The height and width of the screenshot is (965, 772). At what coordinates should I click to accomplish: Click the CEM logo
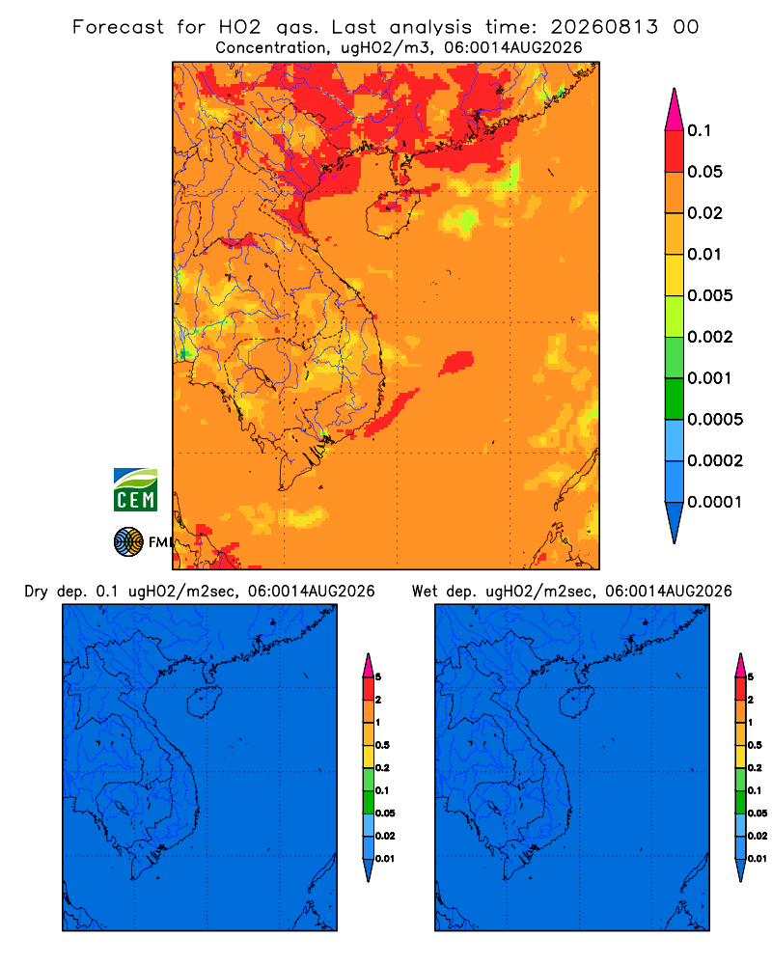[x=135, y=490]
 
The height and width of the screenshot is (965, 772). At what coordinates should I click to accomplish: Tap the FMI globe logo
[x=128, y=542]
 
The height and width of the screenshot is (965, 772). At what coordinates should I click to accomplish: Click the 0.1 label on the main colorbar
[x=700, y=130]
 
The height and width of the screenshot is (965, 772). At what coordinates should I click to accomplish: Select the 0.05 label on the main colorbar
[x=704, y=172]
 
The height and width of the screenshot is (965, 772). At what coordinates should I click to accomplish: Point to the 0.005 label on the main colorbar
[x=710, y=295]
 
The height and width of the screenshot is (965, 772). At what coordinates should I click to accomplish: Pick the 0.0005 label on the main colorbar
[x=715, y=420]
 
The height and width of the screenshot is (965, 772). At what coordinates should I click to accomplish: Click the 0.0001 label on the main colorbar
[x=715, y=502]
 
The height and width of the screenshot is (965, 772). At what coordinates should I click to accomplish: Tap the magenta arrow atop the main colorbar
[x=675, y=110]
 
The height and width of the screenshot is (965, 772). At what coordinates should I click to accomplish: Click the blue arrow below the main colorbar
[x=675, y=522]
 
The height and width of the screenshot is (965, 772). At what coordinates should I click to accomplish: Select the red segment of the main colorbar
[x=675, y=152]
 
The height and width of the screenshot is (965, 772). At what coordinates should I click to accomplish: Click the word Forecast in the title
[x=118, y=27]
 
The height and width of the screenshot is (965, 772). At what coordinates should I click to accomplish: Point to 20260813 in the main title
[x=604, y=27]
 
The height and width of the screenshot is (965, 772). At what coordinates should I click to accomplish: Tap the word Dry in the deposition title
[x=36, y=592]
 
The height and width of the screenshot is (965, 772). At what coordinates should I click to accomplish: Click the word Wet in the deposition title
[x=425, y=592]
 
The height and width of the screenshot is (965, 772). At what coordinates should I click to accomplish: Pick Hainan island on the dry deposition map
[x=204, y=703]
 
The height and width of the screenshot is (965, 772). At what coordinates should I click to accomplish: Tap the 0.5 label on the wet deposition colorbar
[x=755, y=745]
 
